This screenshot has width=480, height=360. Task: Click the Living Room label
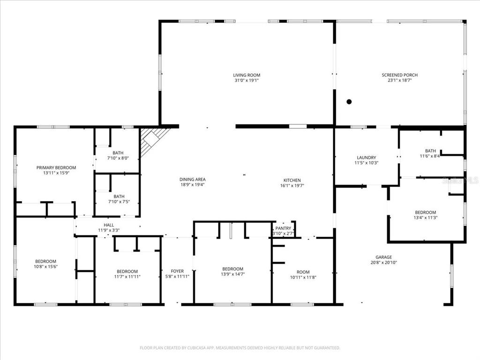coord(247,75)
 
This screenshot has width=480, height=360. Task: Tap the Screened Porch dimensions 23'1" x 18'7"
coord(399,81)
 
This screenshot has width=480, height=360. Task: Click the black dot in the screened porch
coord(349,102)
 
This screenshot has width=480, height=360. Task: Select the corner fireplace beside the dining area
coord(152,139)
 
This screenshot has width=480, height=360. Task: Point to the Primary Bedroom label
coord(56,167)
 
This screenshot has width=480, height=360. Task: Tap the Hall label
coord(109,225)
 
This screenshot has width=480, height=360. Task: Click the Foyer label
coord(177,271)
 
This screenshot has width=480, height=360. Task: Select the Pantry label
coord(283,228)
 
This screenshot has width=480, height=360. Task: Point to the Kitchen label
coord(292,180)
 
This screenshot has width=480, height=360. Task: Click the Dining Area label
coord(192,179)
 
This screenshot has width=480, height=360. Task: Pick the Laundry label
coord(367,157)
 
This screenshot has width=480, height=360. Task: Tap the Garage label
coord(383,257)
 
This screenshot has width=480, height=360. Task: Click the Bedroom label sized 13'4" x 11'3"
coord(425,212)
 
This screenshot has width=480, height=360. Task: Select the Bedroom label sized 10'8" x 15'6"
coord(45,261)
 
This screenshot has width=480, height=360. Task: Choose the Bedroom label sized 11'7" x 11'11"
coord(127,271)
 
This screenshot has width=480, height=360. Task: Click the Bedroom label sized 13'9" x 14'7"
coord(232,269)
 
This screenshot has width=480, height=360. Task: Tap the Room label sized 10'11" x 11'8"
coord(303,272)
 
